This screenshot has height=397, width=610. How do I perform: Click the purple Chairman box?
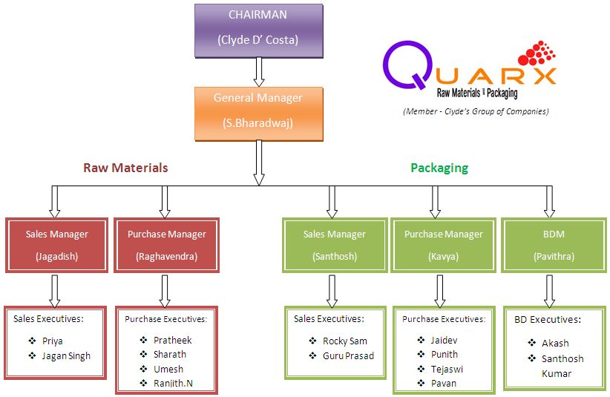258,30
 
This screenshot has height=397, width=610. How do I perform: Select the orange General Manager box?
258,113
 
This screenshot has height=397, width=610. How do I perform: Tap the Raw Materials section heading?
125,168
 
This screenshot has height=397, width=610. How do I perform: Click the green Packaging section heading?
439,168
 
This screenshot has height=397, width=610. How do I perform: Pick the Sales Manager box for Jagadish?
56,246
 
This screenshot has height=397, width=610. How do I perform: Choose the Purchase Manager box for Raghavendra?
166,246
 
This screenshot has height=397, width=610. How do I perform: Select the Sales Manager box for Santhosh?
335,246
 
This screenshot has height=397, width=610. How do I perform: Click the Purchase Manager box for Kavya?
443,246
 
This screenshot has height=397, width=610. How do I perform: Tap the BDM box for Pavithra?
554,246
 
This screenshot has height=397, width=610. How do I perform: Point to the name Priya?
53,341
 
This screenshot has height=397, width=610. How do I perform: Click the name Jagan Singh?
68,356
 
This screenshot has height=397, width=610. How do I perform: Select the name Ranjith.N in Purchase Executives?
173,384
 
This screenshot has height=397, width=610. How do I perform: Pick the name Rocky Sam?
344,341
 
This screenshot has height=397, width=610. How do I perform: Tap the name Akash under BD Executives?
555,343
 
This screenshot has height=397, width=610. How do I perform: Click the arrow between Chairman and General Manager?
258,72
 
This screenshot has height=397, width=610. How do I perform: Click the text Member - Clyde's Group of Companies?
476,111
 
